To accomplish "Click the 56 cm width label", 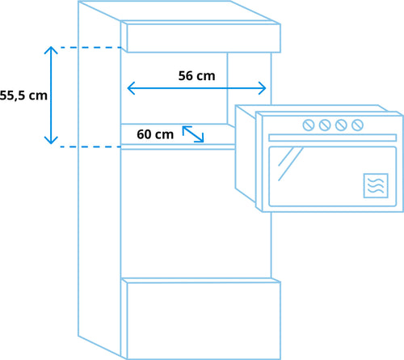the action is click(x=196, y=76).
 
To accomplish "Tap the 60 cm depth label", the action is click(x=155, y=134).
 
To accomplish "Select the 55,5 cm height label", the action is click(x=23, y=95).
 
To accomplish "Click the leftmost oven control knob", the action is click(x=309, y=125).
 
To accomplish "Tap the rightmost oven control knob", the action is click(x=357, y=125).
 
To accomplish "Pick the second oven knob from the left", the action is click(x=325, y=125).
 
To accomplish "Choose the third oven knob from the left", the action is click(x=341, y=125).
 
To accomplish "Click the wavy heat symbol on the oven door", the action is click(x=376, y=185).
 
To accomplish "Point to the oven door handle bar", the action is click(x=333, y=138).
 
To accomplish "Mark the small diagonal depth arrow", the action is click(x=193, y=133).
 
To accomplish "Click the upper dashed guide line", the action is click(x=90, y=48).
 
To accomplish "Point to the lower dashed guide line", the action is click(x=90, y=146).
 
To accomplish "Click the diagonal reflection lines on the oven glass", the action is click(x=291, y=163).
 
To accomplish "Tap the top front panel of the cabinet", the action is click(x=204, y=38).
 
